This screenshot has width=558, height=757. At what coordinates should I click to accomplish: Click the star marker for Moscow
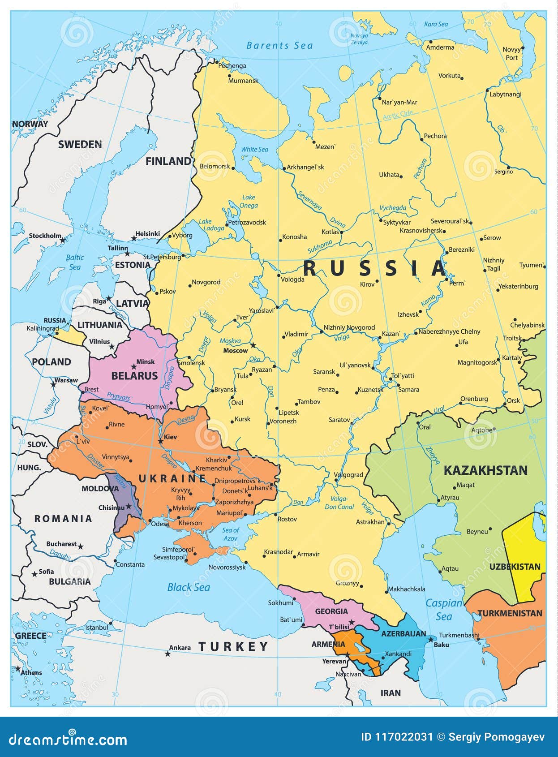pyautogui.click(x=253, y=345)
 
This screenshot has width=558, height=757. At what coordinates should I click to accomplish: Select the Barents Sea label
pyautogui.click(x=279, y=45)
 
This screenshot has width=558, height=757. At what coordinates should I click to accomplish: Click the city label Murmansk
pyautogui.click(x=243, y=81)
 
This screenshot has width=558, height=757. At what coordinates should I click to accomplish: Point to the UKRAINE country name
pyautogui.click(x=172, y=478)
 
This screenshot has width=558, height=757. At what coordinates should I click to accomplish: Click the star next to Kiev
pyautogui.click(x=160, y=441)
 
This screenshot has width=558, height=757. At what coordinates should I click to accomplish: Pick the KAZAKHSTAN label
pyautogui.click(x=485, y=470)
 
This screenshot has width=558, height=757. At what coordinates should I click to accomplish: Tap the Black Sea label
pyautogui.click(x=189, y=587)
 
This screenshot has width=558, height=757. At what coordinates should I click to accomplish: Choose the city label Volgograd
pyautogui.click(x=348, y=475)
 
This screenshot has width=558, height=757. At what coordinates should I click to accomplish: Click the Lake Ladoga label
pyautogui.click(x=211, y=225)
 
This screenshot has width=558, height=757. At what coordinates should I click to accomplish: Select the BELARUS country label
pyautogui.click(x=134, y=376)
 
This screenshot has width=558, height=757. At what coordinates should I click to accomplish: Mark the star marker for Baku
pyautogui.click(x=431, y=639)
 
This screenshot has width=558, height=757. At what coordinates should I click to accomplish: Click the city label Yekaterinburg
pyautogui.click(x=518, y=286)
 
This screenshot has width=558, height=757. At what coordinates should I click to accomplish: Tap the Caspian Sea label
pyautogui.click(x=443, y=610)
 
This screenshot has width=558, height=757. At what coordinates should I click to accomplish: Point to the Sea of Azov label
pyautogui.click(x=230, y=534)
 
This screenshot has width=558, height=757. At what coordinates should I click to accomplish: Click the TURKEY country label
pyautogui.click(x=233, y=646)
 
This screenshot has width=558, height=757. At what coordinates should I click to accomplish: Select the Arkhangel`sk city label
pyautogui.click(x=305, y=167)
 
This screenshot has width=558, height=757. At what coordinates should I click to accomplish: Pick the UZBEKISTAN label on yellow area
pyautogui.click(x=515, y=567)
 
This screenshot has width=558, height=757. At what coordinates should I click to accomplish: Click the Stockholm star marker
pyautogui.click(x=63, y=241)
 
